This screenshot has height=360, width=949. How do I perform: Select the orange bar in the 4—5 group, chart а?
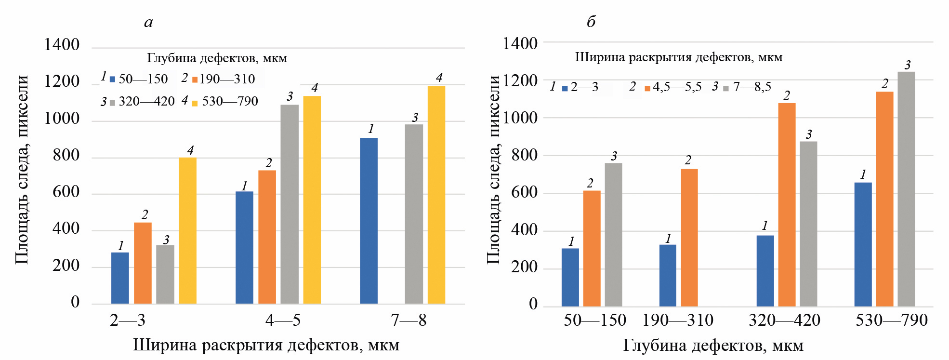tap(267, 237)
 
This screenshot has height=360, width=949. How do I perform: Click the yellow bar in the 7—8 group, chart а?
tap(436, 195)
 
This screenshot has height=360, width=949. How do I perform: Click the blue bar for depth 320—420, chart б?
tap(765, 270)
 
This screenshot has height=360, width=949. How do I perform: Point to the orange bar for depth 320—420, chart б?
tap(787, 204)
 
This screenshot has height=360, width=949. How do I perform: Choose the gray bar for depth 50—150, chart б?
tap(613, 234)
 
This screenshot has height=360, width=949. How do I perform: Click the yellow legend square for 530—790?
tap(195, 103)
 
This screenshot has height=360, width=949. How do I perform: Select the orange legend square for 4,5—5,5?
tap(647, 88)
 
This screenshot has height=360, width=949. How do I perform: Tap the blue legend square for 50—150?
tap(112, 80)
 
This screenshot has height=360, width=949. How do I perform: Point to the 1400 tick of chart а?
tap(62, 45)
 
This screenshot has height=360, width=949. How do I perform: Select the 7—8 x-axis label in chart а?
tap(409, 320)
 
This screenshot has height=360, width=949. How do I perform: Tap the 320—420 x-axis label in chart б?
tap(784, 320)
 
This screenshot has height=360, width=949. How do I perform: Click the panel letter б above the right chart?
tap(591, 21)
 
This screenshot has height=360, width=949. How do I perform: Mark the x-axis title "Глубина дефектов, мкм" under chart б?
tap(713, 345)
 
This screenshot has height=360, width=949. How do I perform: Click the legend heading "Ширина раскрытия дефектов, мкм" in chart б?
tap(678, 57)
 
